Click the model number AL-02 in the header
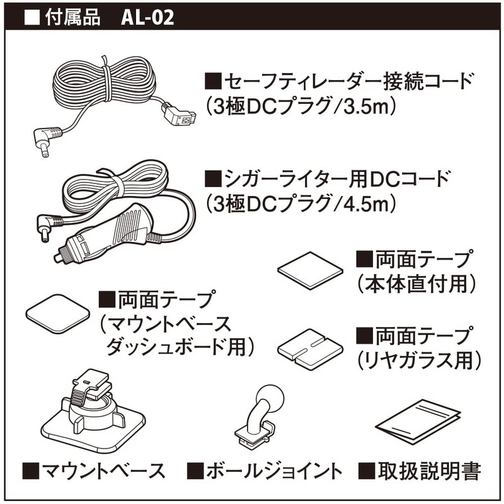(x=147, y=18)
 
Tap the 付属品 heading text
(x=72, y=18)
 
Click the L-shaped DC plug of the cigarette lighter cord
(x=49, y=227)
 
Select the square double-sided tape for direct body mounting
(x=310, y=271)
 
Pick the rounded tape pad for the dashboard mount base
(x=58, y=314)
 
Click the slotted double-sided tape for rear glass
(x=310, y=349)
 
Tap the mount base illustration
(x=93, y=411)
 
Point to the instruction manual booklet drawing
(x=418, y=421)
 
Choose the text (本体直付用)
(x=416, y=283)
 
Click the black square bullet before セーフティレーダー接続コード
(x=213, y=81)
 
